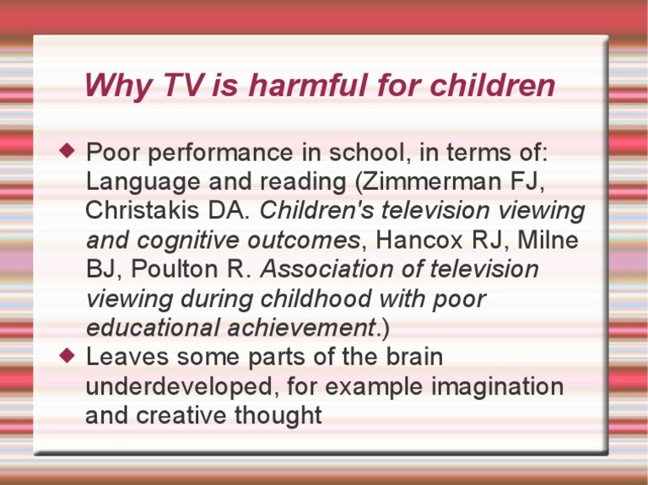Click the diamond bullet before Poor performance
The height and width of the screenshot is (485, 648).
(x=68, y=152)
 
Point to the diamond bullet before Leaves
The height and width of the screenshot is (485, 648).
(x=68, y=355)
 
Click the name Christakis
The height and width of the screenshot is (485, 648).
(x=143, y=210)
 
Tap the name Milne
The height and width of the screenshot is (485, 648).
(x=549, y=240)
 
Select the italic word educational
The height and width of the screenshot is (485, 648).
(x=144, y=327)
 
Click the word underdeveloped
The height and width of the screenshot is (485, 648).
(x=181, y=386)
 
